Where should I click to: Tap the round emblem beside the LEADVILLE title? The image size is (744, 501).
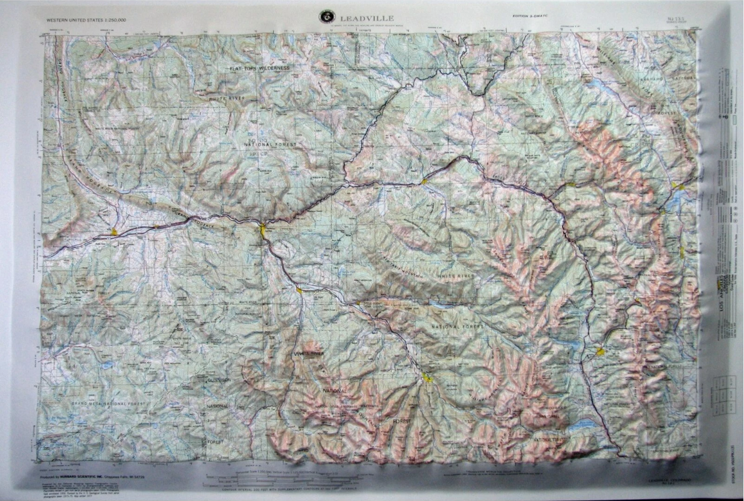pyautogui.click(x=326, y=17)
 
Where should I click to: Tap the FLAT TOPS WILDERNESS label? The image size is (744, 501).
pyautogui.click(x=259, y=68)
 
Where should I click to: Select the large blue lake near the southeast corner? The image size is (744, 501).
pyautogui.click(x=583, y=425)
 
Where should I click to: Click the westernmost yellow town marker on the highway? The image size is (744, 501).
pyautogui.click(x=114, y=231)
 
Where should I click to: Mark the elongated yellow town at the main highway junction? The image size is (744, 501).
pyautogui.click(x=263, y=230)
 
